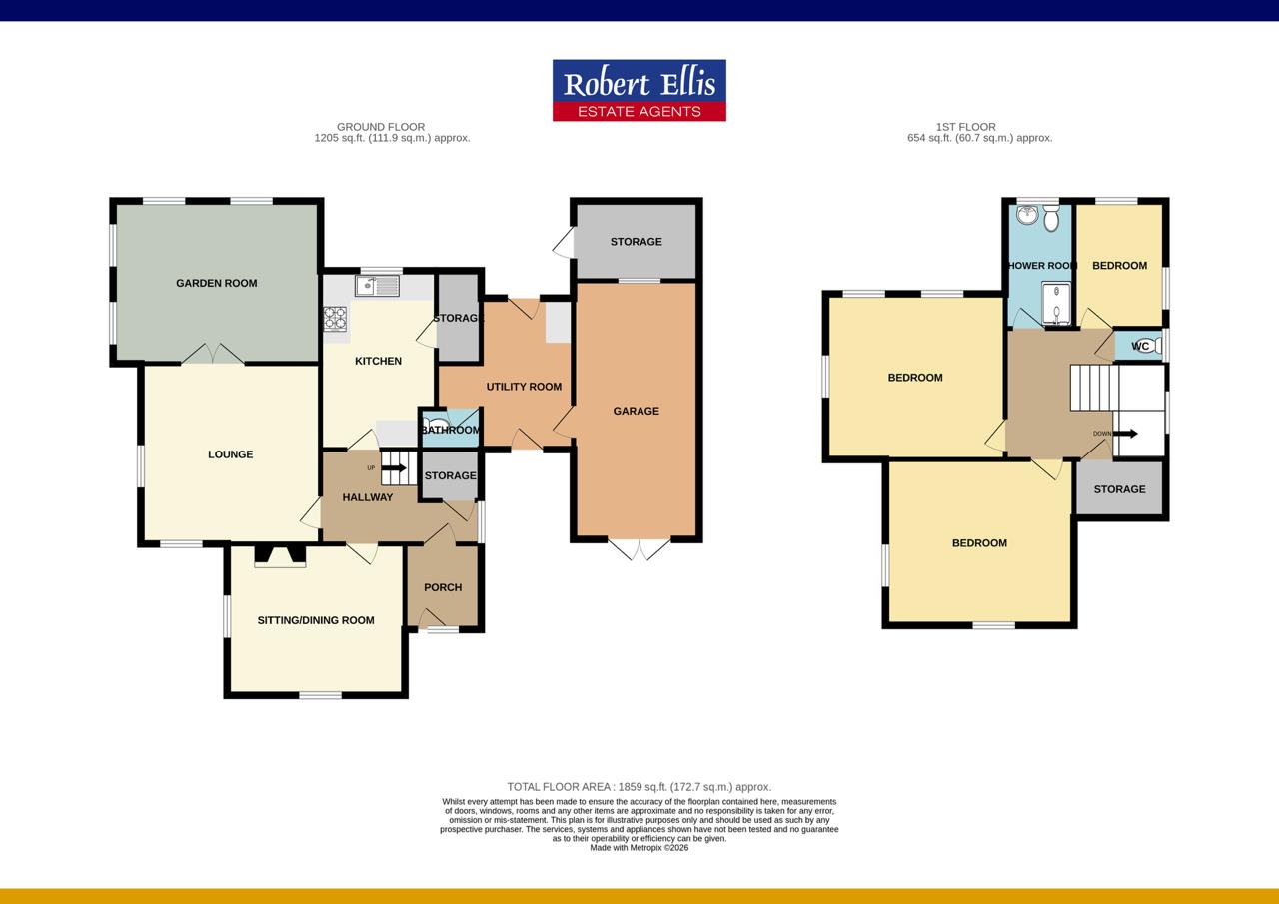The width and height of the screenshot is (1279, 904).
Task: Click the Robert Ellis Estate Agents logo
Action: point(639,91)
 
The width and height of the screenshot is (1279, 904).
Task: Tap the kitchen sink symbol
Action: point(377,287)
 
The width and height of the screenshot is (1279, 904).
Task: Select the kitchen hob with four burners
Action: point(334,318)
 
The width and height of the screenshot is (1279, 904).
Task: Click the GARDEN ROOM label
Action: point(217,283)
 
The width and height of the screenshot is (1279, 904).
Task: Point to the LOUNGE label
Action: point(230,454)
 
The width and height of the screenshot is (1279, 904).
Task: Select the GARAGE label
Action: point(637,411)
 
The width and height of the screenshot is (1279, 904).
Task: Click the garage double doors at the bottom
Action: point(639,549)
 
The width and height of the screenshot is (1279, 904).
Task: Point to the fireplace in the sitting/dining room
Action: point(280,557)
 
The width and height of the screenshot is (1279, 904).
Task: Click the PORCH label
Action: point(443,587)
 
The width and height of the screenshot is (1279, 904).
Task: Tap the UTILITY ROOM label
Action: point(524,387)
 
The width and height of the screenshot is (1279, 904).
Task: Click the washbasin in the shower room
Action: point(1026,215)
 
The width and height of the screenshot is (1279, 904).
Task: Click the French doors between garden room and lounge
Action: point(213,354)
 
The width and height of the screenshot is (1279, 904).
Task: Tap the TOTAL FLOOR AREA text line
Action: point(639,787)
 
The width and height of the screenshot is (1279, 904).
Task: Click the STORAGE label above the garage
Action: point(637,242)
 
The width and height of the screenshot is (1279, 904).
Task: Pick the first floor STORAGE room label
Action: point(1119,489)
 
